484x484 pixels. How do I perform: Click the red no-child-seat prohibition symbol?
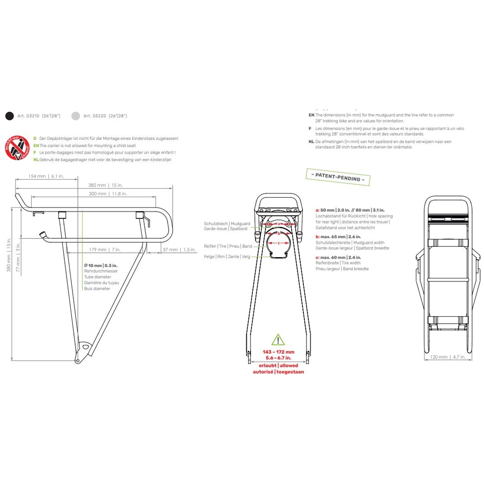17,148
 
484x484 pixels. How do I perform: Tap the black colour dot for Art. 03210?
9,115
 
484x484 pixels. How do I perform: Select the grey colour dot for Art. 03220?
76,115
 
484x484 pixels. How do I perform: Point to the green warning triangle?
278,339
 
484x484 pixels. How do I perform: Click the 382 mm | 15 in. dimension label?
105,185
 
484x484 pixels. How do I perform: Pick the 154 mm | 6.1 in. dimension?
46,176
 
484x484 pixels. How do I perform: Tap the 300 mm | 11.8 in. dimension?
108,194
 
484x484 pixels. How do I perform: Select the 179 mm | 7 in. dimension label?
104,250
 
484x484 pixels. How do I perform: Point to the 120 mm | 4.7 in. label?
447,357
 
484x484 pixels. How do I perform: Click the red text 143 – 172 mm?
278,352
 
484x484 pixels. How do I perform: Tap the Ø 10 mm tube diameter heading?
101,266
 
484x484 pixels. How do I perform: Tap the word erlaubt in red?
267,365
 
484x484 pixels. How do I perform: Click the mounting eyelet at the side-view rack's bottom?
85,347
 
